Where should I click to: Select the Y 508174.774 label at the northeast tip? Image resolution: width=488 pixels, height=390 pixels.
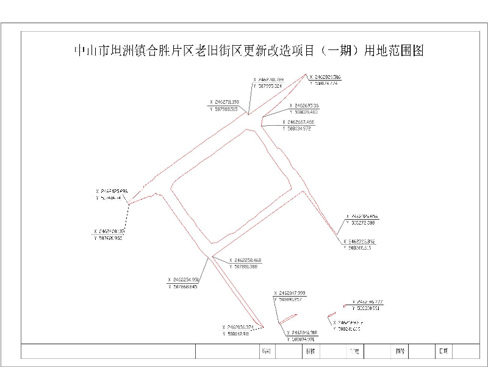pyautogui.click(x=323, y=83)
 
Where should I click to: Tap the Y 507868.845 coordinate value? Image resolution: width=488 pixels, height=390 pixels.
pyautogui.click(x=185, y=286)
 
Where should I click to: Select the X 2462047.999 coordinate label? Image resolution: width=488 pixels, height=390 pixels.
pyautogui.click(x=290, y=294)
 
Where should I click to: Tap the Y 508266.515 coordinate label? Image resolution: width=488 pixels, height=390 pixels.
pyautogui.click(x=359, y=248)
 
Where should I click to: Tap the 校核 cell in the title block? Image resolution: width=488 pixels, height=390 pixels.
pyautogui.click(x=310, y=352)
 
